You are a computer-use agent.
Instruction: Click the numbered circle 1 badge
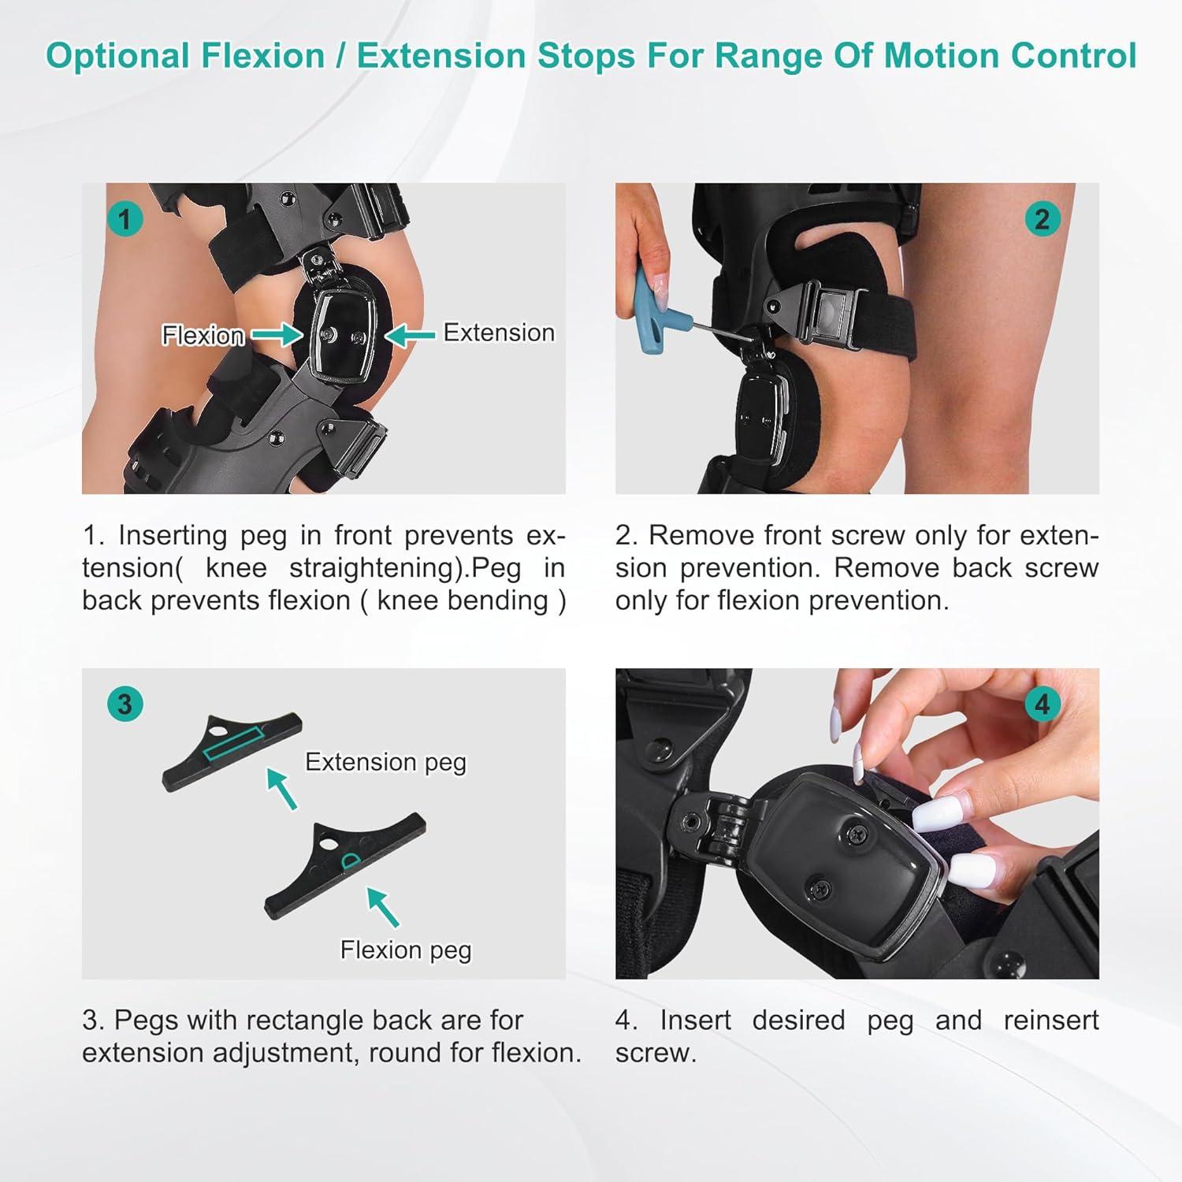click(125, 218)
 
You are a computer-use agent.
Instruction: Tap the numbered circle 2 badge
click(1042, 218)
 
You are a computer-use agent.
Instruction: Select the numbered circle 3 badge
click(125, 703)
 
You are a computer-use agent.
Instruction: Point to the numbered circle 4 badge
click(1042, 703)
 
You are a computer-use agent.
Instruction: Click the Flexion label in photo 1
click(203, 336)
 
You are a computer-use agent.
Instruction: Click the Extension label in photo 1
click(499, 333)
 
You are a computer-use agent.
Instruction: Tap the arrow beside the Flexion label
click(277, 336)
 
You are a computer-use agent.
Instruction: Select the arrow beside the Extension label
click(410, 336)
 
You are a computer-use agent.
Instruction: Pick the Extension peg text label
click(385, 762)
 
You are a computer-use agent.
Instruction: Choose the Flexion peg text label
click(406, 950)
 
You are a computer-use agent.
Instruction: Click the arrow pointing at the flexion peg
click(383, 907)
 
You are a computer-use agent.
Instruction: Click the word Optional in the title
click(118, 56)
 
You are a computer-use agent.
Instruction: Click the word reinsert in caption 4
click(1050, 1020)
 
